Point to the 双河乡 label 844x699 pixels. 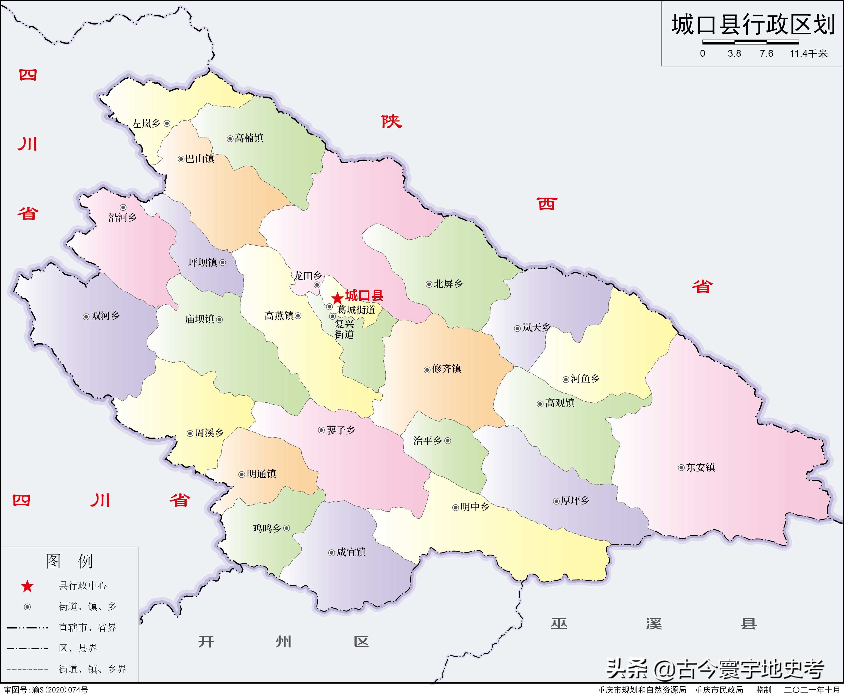[105, 316]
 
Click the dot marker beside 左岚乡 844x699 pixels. [167, 124]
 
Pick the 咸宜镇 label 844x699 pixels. [351, 552]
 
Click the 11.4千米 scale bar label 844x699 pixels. [809, 53]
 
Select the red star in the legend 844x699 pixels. [27, 586]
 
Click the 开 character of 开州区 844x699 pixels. [206, 642]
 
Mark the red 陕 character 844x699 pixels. [391, 122]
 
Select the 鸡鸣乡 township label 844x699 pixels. [267, 528]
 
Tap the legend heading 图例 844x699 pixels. [70, 561]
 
